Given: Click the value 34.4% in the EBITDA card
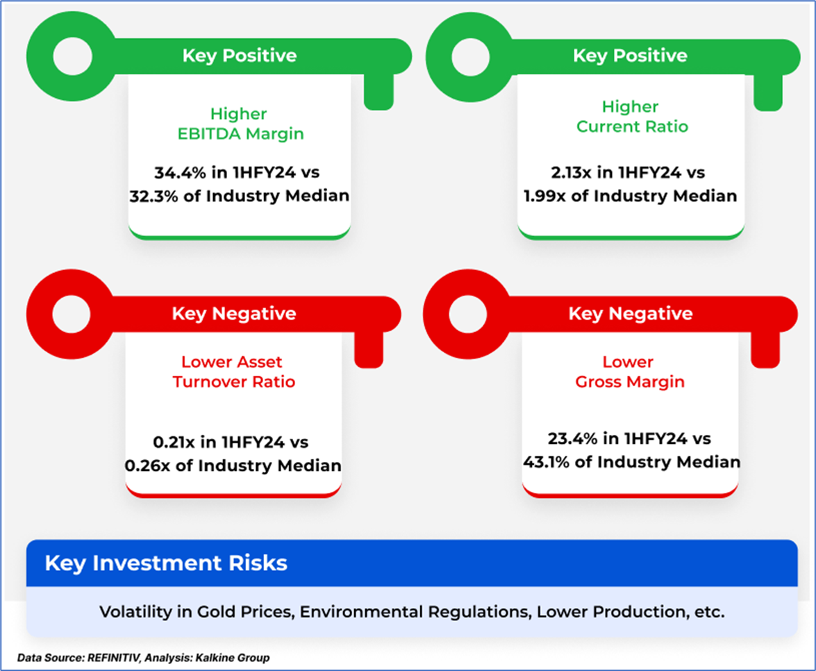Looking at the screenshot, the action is coord(180,172).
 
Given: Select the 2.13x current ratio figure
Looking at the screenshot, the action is coord(571,172).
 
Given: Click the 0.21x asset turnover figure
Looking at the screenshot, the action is coord(174,442).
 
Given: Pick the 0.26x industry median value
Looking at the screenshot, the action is coord(147,465).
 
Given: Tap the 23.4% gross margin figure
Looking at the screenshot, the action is coord(572,439).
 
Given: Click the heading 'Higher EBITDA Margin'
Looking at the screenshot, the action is coord(240,124).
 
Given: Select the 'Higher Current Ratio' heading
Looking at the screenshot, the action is coord(632,117).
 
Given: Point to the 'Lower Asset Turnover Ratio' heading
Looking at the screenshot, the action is coord(233,372).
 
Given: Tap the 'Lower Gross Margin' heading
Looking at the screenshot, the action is coord(630,372).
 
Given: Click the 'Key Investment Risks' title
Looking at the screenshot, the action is coord(166,563).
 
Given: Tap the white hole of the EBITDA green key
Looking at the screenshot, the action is coord(73,56).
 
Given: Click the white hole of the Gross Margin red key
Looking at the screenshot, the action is coord(468,315).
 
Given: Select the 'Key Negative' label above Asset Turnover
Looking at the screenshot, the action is coord(233,313).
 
